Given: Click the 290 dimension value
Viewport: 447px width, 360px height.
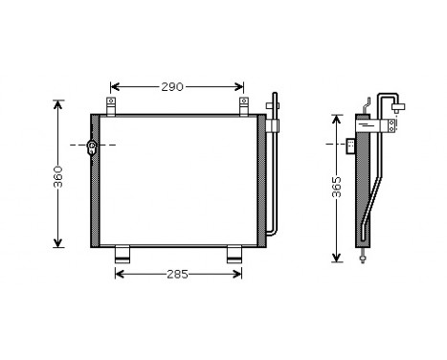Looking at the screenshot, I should click(x=172, y=87).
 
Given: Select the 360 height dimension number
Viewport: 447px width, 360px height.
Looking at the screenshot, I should click(x=57, y=175).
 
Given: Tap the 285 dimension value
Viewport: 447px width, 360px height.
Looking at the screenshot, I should click(x=176, y=274).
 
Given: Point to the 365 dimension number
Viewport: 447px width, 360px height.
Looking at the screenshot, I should click(x=335, y=190).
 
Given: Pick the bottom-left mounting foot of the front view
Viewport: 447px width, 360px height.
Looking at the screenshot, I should click(x=123, y=255).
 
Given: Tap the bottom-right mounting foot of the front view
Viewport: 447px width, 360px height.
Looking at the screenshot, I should click(x=235, y=255).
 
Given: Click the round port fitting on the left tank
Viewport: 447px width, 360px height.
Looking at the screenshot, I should click(x=92, y=146).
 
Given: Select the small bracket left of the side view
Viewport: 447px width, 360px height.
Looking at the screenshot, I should click(x=350, y=146).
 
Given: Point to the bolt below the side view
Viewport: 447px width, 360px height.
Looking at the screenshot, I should click(x=364, y=257).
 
